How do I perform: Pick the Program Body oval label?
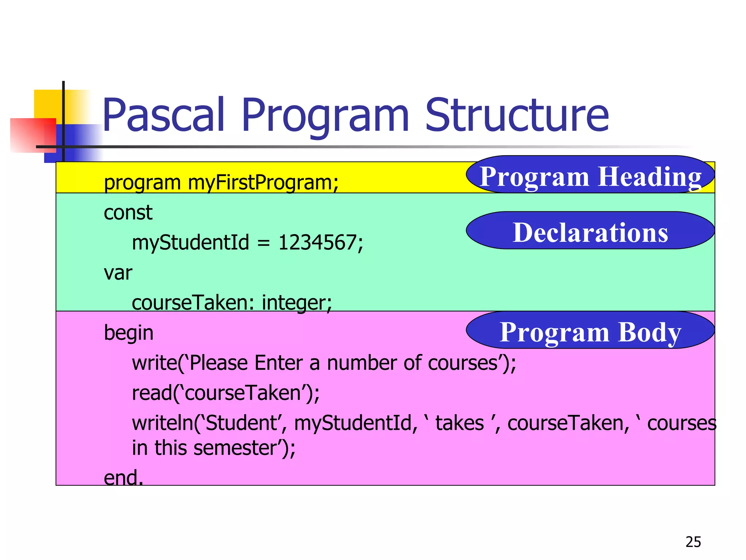point(590,332)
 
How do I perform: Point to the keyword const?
point(128,213)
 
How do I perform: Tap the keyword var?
point(118,273)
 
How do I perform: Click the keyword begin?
point(129,333)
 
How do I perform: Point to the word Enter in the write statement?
point(278,363)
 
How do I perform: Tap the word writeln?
point(162,423)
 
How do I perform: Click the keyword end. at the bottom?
point(123,477)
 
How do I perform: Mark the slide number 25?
point(693,542)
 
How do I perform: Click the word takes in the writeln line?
point(460,423)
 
